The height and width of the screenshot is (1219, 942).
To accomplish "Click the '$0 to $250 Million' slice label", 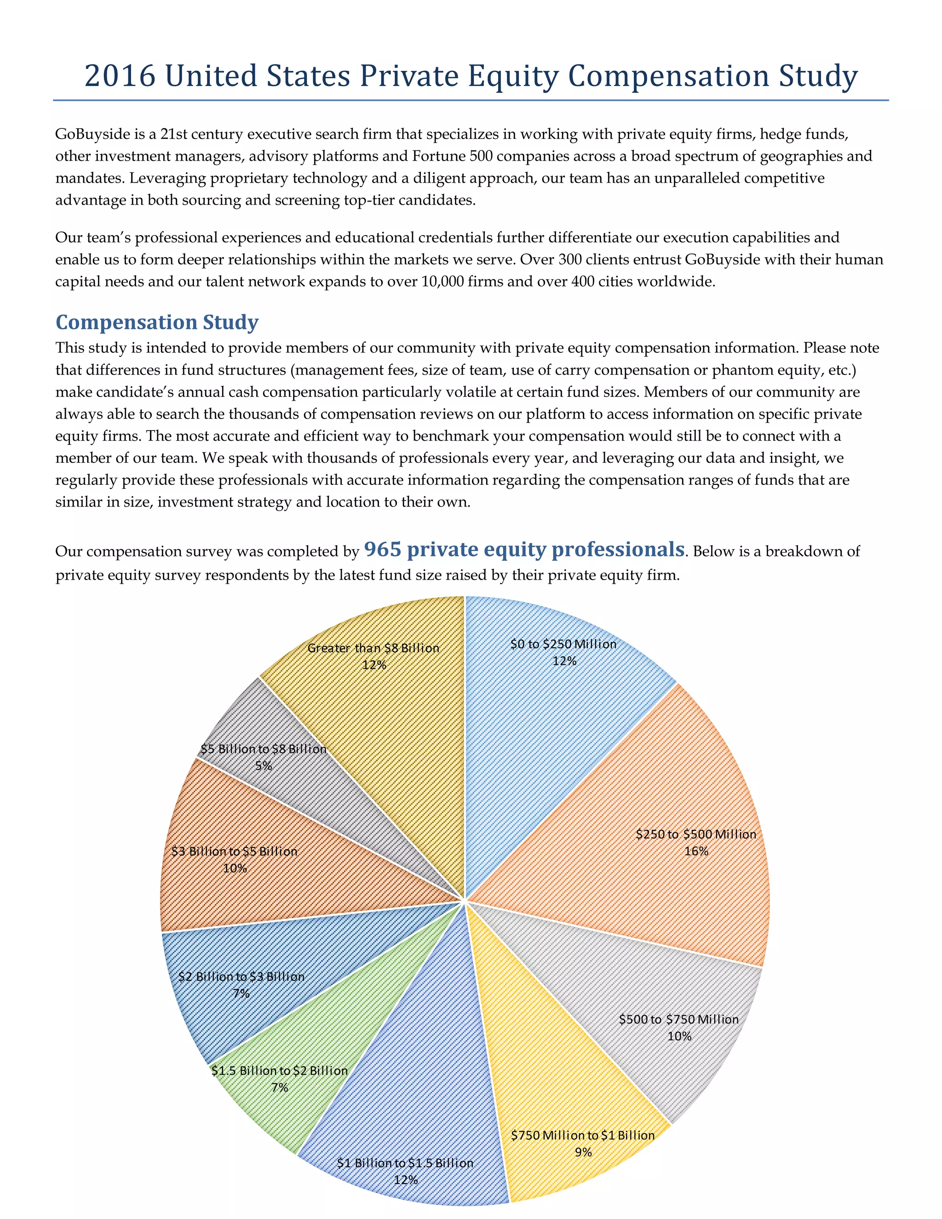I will pos(563,644).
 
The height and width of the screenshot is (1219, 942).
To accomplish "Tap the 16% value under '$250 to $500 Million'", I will pos(696,851).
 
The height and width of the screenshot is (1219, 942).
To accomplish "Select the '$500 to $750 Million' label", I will pos(678,1019).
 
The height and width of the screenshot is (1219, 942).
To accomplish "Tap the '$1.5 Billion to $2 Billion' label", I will pos(280,1070).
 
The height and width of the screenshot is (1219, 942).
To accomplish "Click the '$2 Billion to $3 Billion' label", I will pos(241,976).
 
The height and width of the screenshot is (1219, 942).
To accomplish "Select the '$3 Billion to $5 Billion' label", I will pos(235,851).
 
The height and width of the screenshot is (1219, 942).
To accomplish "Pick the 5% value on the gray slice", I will pos(264,766).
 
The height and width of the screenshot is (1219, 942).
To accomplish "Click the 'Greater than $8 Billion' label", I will pos(373,648).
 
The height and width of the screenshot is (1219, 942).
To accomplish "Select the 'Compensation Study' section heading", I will pos(157,322).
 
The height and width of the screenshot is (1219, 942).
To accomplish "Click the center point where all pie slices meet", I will pos(465,900).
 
